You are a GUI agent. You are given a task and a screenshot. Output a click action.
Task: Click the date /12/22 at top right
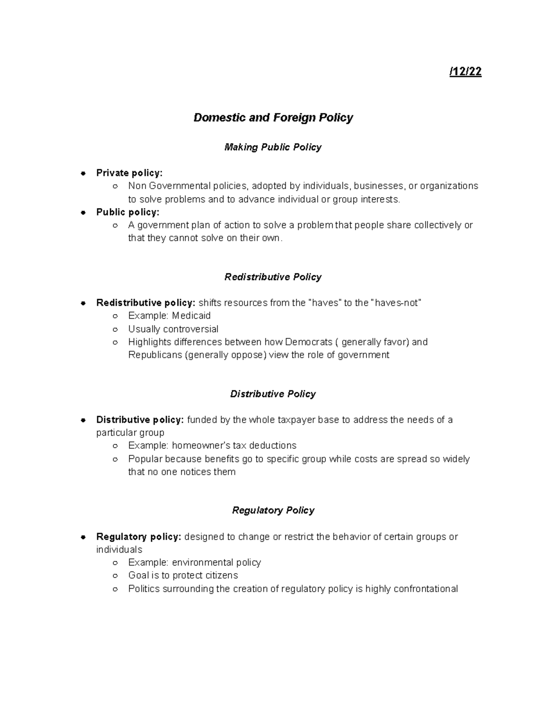(465, 72)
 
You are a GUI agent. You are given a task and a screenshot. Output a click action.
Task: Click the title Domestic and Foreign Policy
(273, 117)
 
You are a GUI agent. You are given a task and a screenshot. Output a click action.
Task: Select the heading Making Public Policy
(273, 147)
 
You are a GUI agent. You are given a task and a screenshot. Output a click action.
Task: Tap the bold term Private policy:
(129, 173)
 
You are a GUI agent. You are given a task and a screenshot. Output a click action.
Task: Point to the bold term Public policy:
(128, 212)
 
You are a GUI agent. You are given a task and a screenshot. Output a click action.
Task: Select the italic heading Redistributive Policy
(273, 277)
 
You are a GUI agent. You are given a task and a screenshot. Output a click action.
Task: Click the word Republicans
(155, 355)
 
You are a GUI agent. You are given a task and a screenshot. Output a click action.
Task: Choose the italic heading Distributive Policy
(273, 394)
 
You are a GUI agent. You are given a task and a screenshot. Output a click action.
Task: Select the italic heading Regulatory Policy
(273, 510)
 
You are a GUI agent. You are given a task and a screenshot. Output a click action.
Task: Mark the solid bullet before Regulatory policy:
(83, 537)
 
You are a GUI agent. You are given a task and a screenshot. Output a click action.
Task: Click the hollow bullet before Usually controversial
(116, 329)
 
